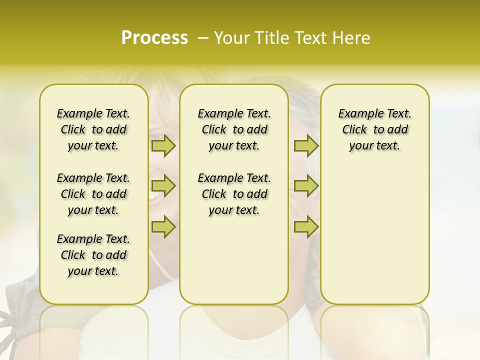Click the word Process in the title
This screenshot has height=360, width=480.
(154, 38)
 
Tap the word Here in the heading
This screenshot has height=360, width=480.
(352, 38)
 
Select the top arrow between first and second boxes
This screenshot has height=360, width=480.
(163, 146)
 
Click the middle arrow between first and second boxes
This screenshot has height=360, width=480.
(163, 186)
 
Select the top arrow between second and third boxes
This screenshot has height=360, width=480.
(306, 146)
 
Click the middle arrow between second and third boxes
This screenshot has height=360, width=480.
(306, 186)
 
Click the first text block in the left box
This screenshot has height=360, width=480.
(93, 129)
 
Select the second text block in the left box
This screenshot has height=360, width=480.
(93, 194)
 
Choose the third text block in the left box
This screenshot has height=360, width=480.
(93, 255)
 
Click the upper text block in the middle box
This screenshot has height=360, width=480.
(234, 129)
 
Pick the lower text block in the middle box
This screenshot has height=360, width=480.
(234, 194)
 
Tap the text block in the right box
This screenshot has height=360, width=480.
(374, 129)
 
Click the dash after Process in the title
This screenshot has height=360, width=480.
(202, 38)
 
